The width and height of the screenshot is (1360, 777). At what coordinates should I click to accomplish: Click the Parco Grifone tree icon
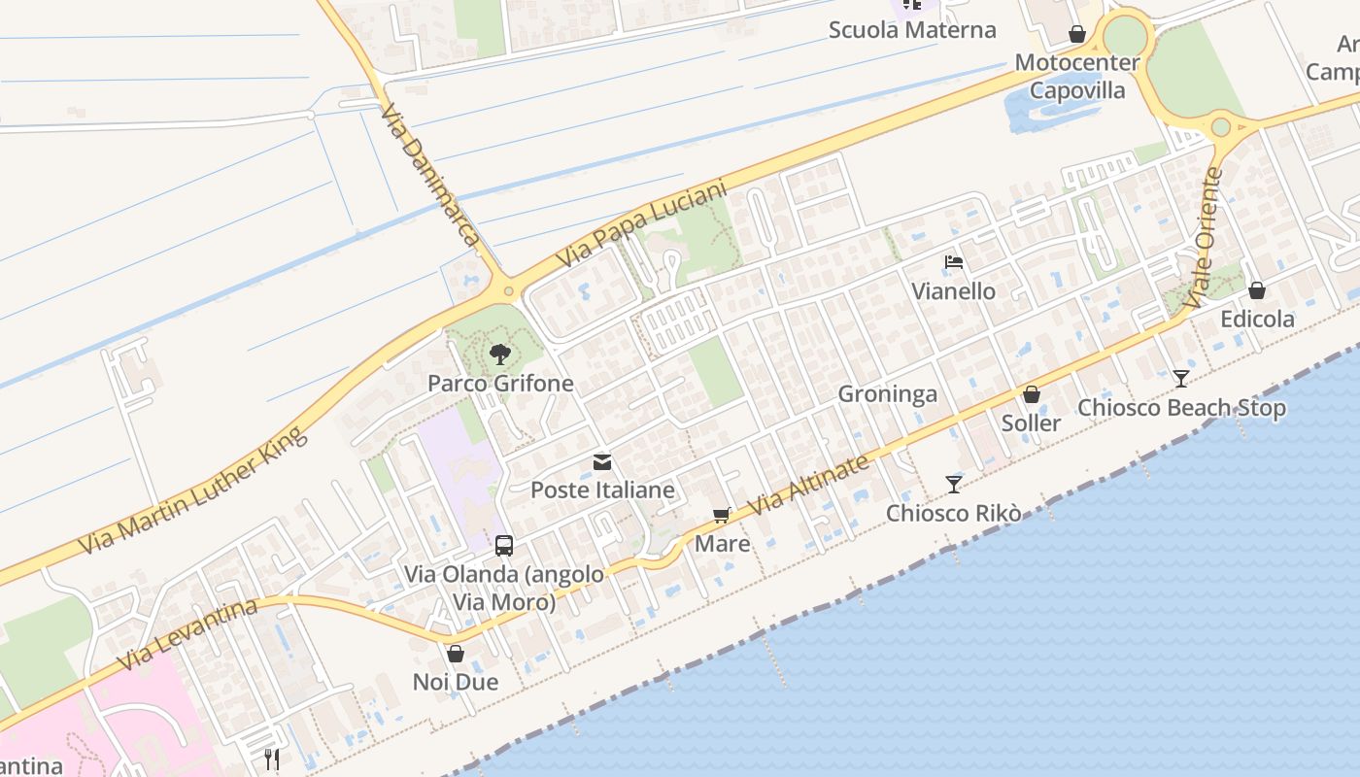[x=499, y=355]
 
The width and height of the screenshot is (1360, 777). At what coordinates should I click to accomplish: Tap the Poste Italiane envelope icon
[x=602, y=462]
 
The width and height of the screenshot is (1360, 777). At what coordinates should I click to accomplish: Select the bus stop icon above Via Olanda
[x=503, y=546]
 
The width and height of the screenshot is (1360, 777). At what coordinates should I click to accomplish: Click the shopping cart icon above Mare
[x=721, y=516]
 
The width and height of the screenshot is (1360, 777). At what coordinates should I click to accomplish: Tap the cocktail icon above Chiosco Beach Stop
[x=1180, y=379]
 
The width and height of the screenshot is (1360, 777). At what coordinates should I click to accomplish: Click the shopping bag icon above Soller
[x=1031, y=395]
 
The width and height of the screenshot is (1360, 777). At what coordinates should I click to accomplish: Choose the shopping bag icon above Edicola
[x=1256, y=290]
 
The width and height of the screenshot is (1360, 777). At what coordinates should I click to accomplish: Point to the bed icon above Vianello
[x=954, y=263]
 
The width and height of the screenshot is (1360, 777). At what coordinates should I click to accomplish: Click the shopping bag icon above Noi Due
[x=455, y=654]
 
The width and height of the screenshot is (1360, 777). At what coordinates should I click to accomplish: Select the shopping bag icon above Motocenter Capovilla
[x=1076, y=35]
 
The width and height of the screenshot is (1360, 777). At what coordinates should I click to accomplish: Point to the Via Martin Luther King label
[x=193, y=490]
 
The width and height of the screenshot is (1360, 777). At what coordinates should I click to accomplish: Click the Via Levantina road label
[x=189, y=634]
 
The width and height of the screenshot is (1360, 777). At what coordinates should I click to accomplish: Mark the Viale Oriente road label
[x=1202, y=233]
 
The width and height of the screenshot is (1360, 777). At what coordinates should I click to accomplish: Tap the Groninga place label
[x=887, y=393]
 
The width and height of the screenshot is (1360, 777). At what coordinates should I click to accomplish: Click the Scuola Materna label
[x=912, y=30]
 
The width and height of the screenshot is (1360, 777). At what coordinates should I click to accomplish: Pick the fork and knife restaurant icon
[x=271, y=759]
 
